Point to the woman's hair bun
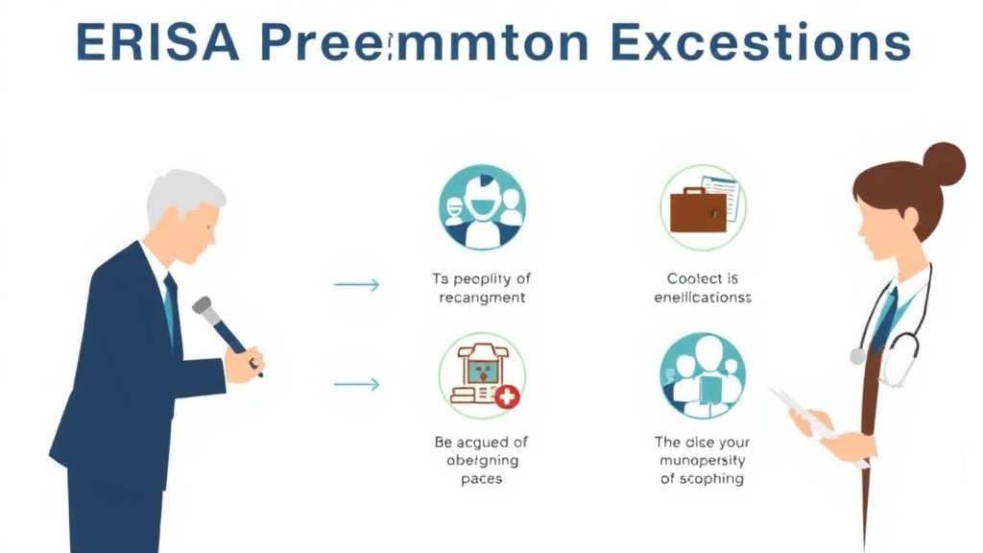(x=943, y=163)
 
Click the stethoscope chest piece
(x=857, y=356)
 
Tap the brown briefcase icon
(x=698, y=210)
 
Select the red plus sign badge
(x=507, y=395)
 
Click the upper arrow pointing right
(x=356, y=284)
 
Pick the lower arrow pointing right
(x=356, y=384)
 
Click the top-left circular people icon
(x=482, y=207)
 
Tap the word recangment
(x=481, y=298)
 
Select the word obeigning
(x=481, y=460)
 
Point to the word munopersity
(x=702, y=460)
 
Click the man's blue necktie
(x=171, y=307)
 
